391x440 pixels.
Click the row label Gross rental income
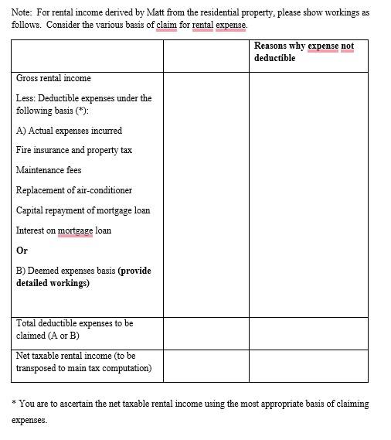click(x=53, y=78)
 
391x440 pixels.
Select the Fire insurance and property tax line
click(x=74, y=150)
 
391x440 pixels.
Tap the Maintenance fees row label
click(x=49, y=170)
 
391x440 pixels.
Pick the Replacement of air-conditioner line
click(x=74, y=190)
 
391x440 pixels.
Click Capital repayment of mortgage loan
click(x=83, y=210)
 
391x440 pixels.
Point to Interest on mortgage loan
click(x=63, y=230)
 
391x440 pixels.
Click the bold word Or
click(x=22, y=251)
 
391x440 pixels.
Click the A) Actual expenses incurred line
click(x=69, y=131)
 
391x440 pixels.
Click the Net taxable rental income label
click(x=83, y=362)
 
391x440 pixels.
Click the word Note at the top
click(x=22, y=13)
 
